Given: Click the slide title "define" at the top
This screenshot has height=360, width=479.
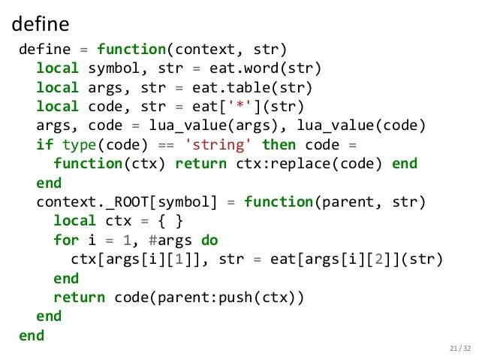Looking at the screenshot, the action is tap(41, 24).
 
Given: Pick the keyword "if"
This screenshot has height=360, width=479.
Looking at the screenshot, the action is tap(45, 144).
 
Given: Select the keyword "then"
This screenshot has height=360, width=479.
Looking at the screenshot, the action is tap(278, 144).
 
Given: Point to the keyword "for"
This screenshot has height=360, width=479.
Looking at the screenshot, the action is tap(66, 241).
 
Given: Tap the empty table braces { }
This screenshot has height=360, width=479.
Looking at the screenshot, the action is tap(173, 221).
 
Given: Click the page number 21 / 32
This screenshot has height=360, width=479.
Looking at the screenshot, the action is tap(457, 347).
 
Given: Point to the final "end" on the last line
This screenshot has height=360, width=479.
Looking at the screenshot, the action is tap(32, 336).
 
